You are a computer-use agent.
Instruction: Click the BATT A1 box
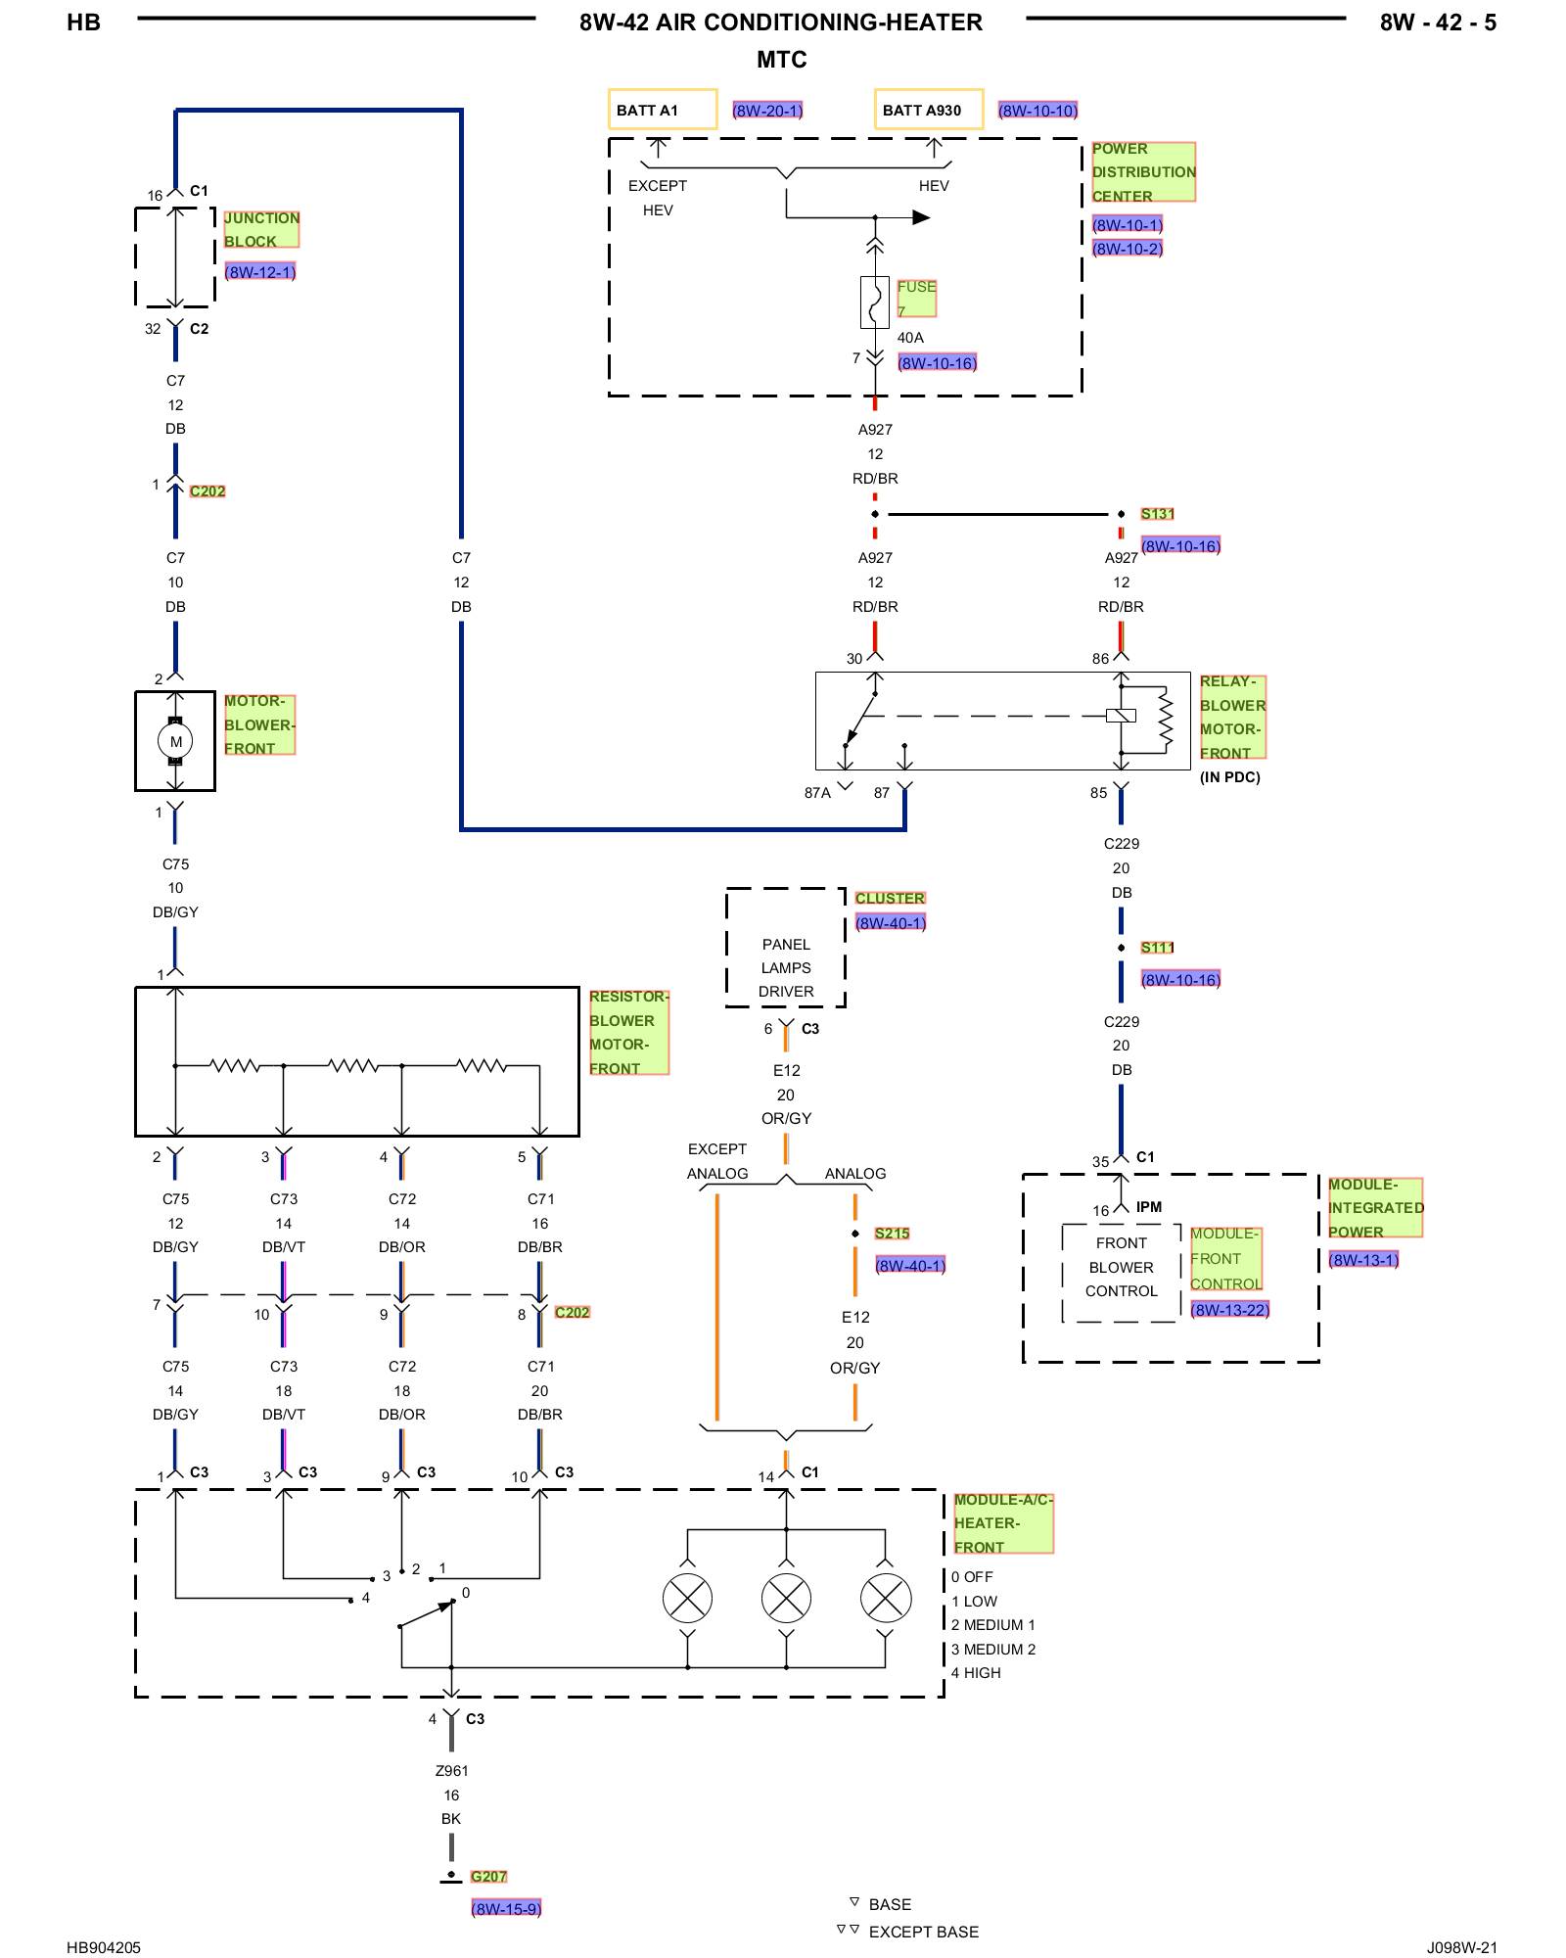tap(663, 110)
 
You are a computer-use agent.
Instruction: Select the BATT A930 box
tap(928, 110)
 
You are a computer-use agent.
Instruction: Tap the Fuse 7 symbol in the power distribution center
tap(874, 302)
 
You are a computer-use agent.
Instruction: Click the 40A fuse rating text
tap(910, 338)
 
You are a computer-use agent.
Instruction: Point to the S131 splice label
tap(1157, 514)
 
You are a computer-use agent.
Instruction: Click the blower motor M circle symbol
tap(175, 741)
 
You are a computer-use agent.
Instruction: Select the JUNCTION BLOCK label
tap(261, 230)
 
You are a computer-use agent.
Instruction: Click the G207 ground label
tap(488, 1876)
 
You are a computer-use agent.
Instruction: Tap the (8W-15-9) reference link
tap(506, 1908)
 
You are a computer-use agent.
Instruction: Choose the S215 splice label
tap(892, 1234)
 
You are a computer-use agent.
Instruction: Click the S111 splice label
tap(1157, 948)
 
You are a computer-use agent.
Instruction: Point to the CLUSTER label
tap(890, 898)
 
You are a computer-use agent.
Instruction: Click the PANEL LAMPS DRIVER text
tap(786, 968)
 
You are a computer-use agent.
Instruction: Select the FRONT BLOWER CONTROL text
tap(1122, 1267)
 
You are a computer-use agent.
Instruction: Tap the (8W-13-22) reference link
tap(1230, 1310)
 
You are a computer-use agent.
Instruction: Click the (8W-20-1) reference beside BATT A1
tap(767, 111)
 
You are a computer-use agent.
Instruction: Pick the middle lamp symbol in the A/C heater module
tap(786, 1599)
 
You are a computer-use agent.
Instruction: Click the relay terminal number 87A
tap(817, 793)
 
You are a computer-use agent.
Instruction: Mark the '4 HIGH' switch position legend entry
tap(976, 1673)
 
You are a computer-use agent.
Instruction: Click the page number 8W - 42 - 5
tap(1438, 23)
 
